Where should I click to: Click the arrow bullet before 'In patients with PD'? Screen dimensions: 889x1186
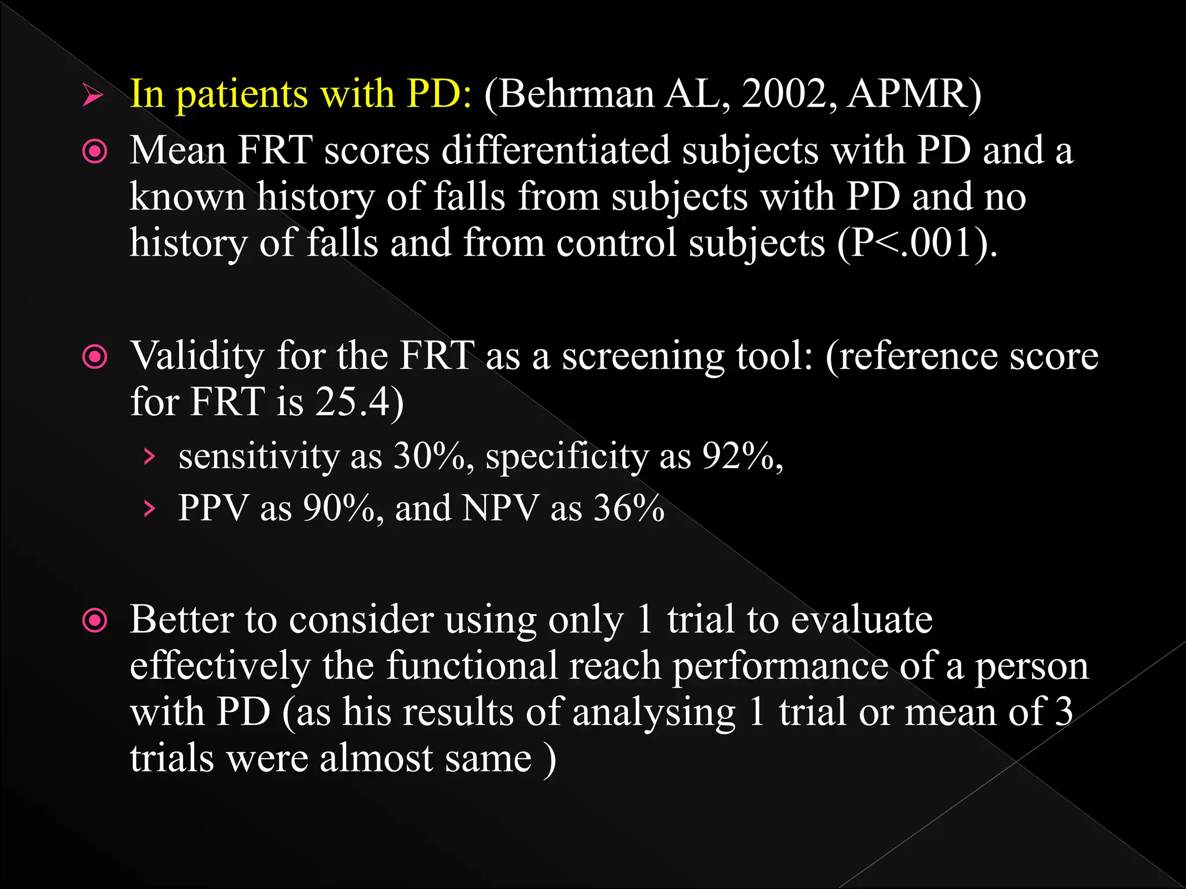click(x=93, y=95)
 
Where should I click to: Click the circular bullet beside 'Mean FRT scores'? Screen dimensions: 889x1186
click(x=95, y=152)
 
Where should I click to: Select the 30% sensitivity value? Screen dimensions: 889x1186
click(x=429, y=457)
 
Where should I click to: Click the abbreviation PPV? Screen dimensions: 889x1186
click(x=213, y=509)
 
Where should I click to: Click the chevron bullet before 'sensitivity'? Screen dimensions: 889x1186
click(x=149, y=457)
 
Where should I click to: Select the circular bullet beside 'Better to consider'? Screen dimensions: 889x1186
click(x=95, y=622)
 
